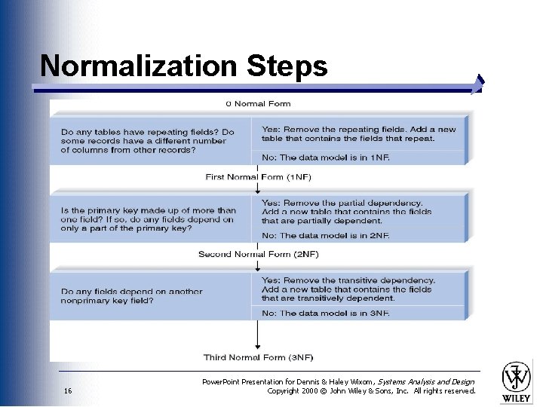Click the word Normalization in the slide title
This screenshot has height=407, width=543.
[x=139, y=66]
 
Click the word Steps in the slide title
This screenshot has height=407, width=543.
[x=287, y=66]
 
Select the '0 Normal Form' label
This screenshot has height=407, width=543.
[x=258, y=104]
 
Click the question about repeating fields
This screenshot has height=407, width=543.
[x=148, y=140]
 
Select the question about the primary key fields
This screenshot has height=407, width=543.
[x=149, y=219]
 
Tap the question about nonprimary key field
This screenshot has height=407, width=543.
[x=132, y=295]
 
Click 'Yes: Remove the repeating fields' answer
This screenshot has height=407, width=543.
[x=359, y=133]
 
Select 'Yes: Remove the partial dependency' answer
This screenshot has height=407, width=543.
[x=347, y=212]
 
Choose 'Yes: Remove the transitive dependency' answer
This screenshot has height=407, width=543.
[x=348, y=289]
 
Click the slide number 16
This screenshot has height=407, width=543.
[x=68, y=391]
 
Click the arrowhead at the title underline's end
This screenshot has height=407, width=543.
[x=478, y=84]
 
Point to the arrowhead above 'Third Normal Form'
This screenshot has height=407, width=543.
[x=258, y=344]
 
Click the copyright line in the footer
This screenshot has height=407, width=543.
[x=371, y=391]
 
